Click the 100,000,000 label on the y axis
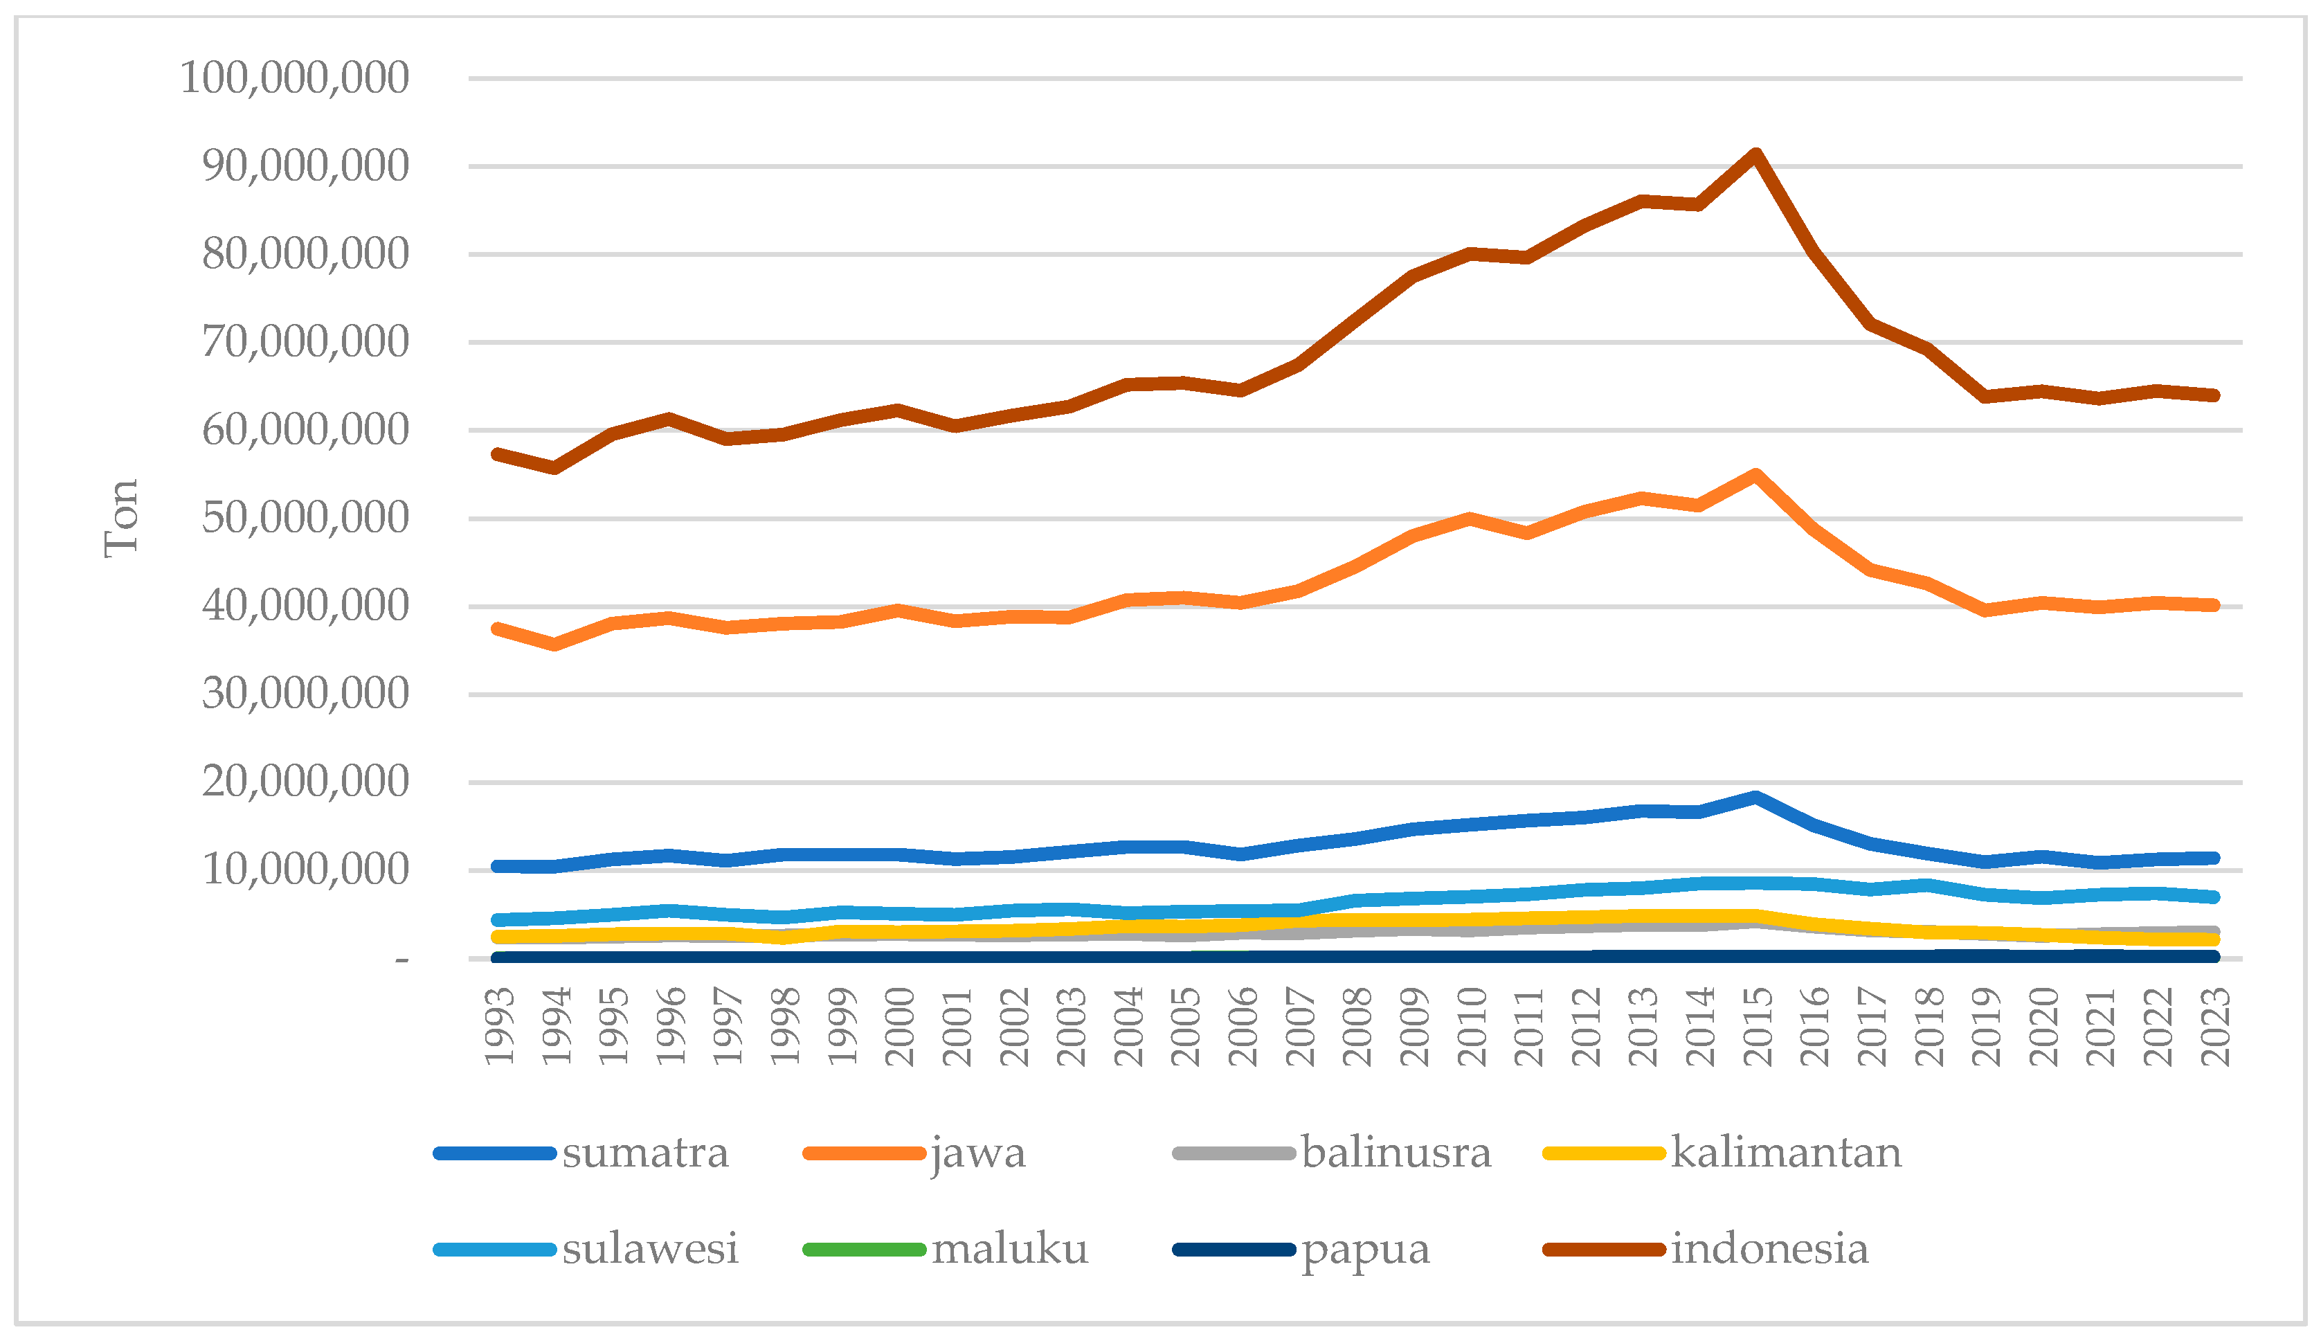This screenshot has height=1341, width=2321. pyautogui.click(x=293, y=78)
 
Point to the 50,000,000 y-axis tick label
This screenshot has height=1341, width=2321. pyautogui.click(x=305, y=519)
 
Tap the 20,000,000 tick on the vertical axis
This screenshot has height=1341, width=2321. pyautogui.click(x=305, y=782)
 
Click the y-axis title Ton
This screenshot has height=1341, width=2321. pyautogui.click(x=120, y=519)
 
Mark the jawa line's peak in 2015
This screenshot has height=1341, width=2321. pyautogui.click(x=1755, y=475)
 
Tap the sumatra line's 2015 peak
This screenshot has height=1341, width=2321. pyautogui.click(x=1755, y=798)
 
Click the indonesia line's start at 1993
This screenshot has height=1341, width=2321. pyautogui.click(x=498, y=454)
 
